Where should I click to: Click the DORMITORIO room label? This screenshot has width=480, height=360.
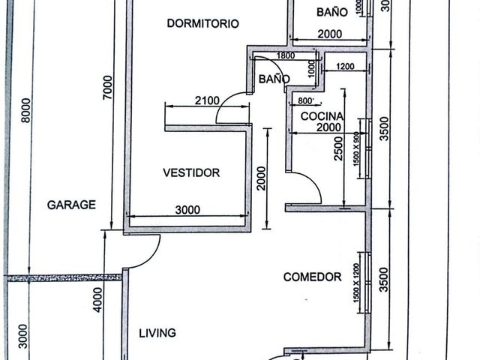click(x=202, y=23)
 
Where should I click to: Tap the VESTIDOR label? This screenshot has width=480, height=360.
click(x=191, y=172)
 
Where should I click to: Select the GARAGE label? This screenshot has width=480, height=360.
click(x=71, y=205)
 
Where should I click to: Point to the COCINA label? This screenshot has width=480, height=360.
click(x=322, y=116)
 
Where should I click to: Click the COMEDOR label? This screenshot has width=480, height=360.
click(x=312, y=277)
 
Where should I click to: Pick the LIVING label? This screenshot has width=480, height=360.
click(x=157, y=333)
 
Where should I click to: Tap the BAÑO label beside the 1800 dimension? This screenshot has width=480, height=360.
click(x=274, y=79)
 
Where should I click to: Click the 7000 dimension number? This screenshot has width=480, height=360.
click(x=108, y=88)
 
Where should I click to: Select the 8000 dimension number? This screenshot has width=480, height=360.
click(x=26, y=110)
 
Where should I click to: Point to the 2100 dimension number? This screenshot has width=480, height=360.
click(x=207, y=100)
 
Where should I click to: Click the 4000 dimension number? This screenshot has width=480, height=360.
click(x=98, y=300)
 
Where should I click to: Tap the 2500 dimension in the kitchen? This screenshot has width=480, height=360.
click(x=338, y=148)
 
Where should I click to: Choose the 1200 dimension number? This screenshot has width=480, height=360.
click(x=345, y=67)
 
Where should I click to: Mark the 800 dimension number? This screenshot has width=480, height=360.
click(x=306, y=100)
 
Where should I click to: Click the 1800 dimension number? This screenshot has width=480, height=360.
click(x=286, y=55)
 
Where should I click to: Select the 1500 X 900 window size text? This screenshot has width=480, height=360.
click(x=356, y=149)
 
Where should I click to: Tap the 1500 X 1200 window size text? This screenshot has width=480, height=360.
click(x=356, y=283)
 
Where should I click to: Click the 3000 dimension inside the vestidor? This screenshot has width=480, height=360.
click(x=187, y=210)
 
